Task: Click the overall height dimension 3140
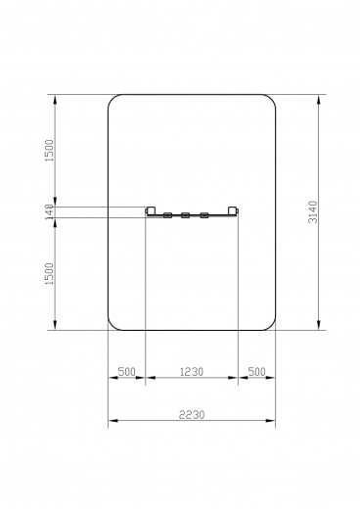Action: [312, 212]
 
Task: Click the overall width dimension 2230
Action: [192, 415]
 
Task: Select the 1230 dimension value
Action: [192, 372]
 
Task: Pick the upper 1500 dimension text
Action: [49, 151]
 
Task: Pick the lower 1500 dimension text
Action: [49, 274]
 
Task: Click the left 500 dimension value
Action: [126, 372]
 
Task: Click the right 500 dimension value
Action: [257, 372]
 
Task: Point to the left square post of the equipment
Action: [151, 210]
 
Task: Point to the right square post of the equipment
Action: [233, 210]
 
